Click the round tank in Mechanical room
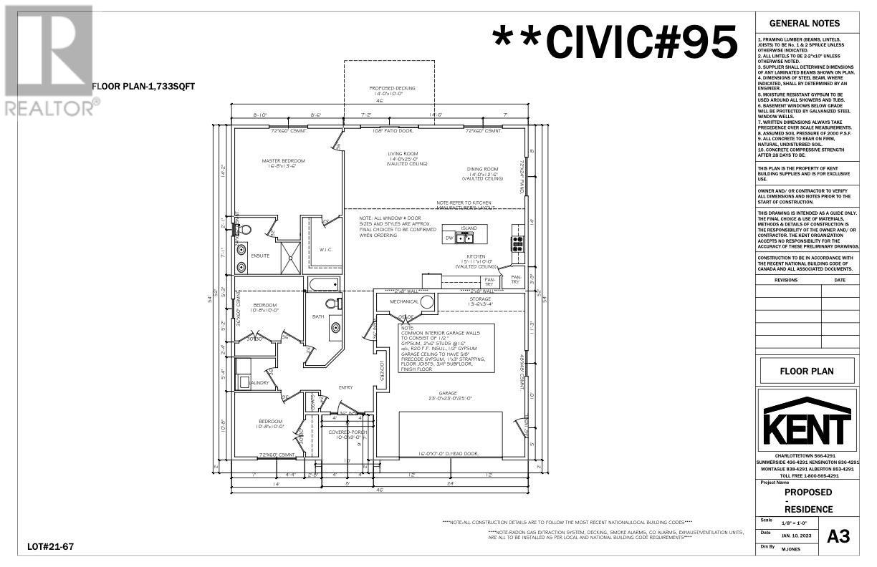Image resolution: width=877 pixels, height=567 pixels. point(427,302)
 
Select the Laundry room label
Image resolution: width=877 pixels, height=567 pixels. point(257,383)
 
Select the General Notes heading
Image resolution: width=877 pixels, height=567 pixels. point(807,23)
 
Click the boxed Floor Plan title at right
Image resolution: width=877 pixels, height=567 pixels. point(807,372)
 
